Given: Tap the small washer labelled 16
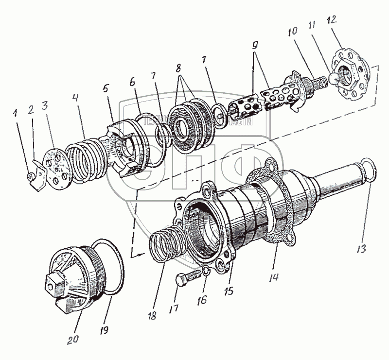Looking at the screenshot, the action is coord(206,270).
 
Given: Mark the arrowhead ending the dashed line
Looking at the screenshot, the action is coord(137,254).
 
